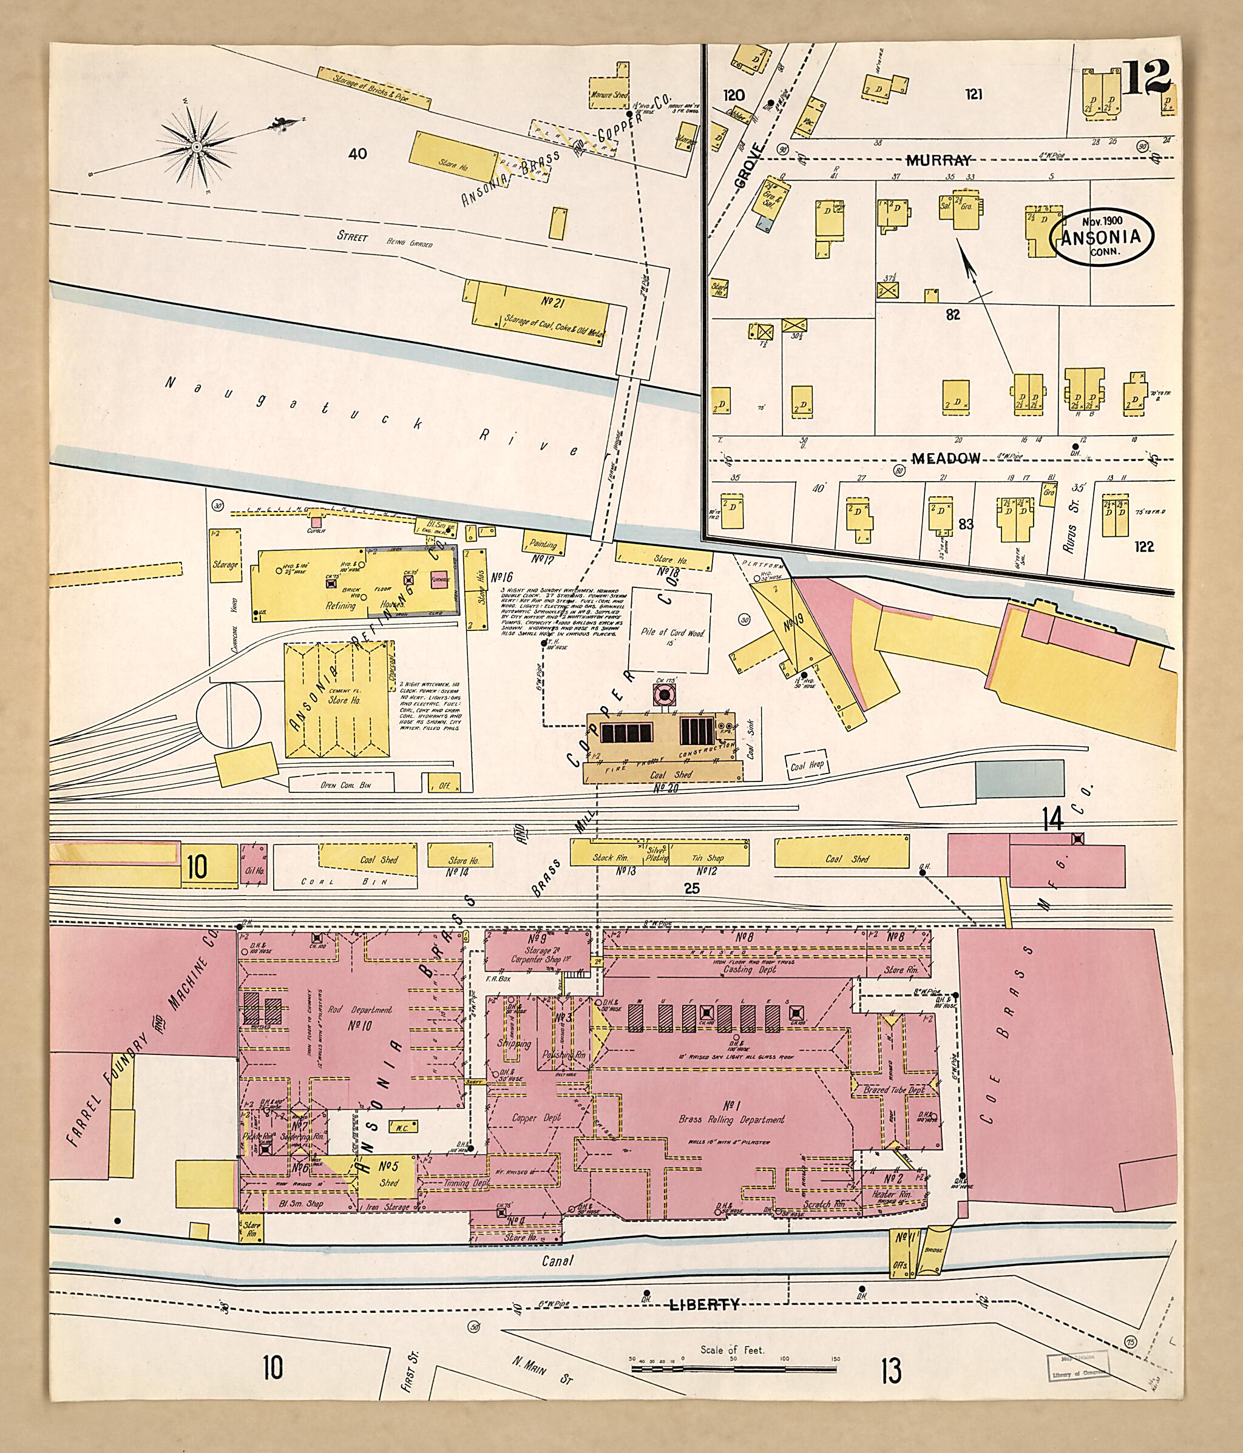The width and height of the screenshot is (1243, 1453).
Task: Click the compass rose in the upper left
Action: point(197,146)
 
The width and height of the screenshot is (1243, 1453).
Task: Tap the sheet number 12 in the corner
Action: point(1148,77)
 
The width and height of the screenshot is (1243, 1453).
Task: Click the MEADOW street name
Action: point(946,458)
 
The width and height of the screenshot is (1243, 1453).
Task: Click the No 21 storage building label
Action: point(554,303)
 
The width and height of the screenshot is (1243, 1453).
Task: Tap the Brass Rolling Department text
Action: point(731,1119)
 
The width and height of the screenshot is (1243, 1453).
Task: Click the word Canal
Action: point(558,1260)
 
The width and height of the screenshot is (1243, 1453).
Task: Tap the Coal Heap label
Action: point(807,766)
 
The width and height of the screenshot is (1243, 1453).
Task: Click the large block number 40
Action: point(357,153)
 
